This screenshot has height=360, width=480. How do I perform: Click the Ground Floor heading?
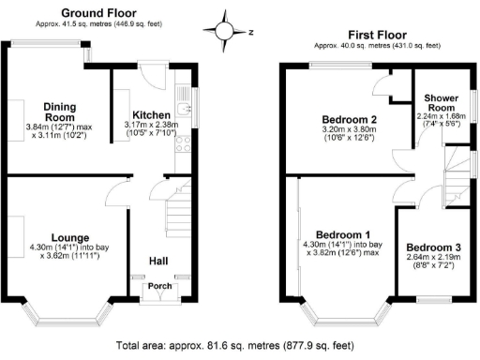100,12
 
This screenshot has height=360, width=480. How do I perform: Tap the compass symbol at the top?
226,30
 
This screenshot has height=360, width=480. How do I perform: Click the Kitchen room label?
150,113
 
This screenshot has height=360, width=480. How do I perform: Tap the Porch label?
156,289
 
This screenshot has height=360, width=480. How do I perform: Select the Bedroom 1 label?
342,233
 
